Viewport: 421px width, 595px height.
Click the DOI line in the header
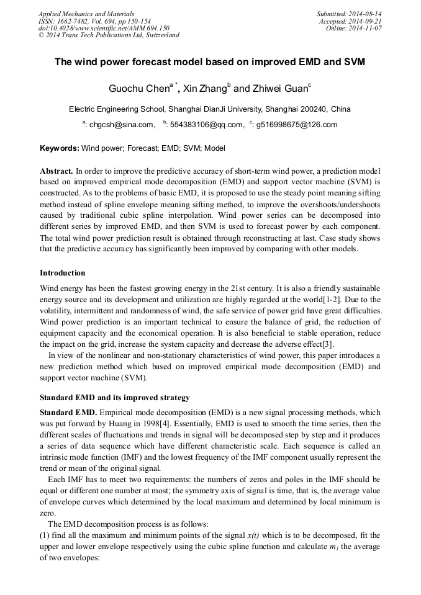104,28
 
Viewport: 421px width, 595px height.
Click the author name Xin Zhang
205,89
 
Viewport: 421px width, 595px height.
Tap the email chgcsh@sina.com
122,125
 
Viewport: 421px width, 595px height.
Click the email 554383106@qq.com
206,125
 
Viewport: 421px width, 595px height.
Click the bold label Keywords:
60,149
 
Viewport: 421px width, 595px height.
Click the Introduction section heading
63,273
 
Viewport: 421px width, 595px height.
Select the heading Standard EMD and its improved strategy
115,397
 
